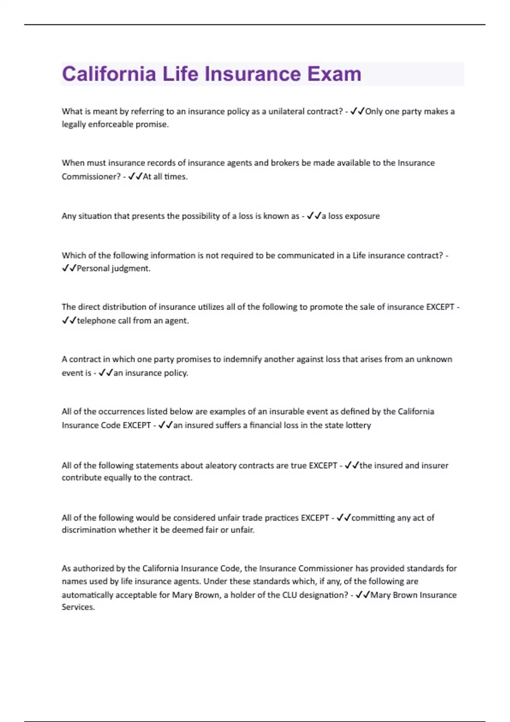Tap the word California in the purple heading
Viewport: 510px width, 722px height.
click(x=109, y=74)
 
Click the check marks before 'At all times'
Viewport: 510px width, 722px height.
click(x=135, y=176)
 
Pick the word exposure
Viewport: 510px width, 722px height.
click(x=362, y=216)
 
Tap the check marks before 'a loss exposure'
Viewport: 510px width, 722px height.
click(x=314, y=216)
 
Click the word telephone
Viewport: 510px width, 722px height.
click(x=96, y=321)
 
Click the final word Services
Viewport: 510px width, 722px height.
click(x=78, y=607)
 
